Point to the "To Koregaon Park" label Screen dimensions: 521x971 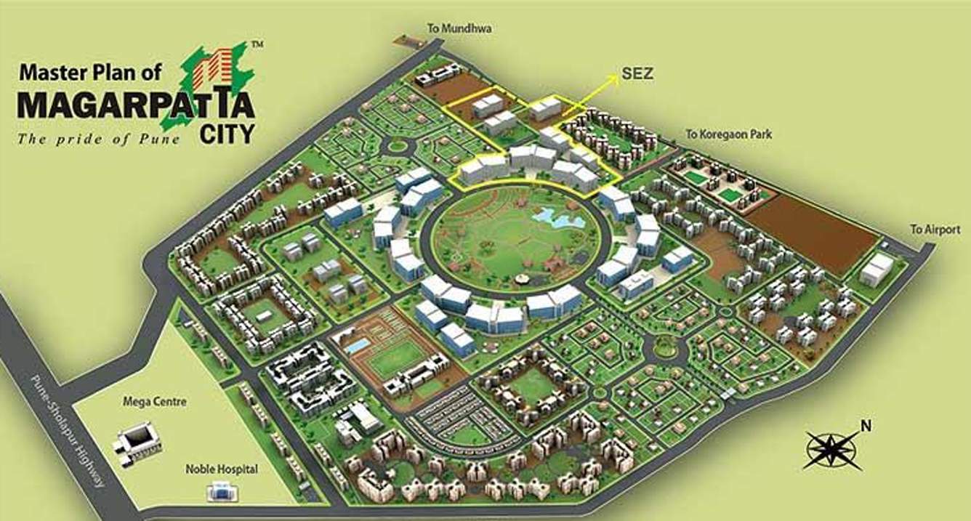728,134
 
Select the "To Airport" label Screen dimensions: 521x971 935,230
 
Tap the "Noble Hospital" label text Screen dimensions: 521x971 221,469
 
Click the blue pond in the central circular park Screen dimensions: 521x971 550,214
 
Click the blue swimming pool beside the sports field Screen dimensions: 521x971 355,345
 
